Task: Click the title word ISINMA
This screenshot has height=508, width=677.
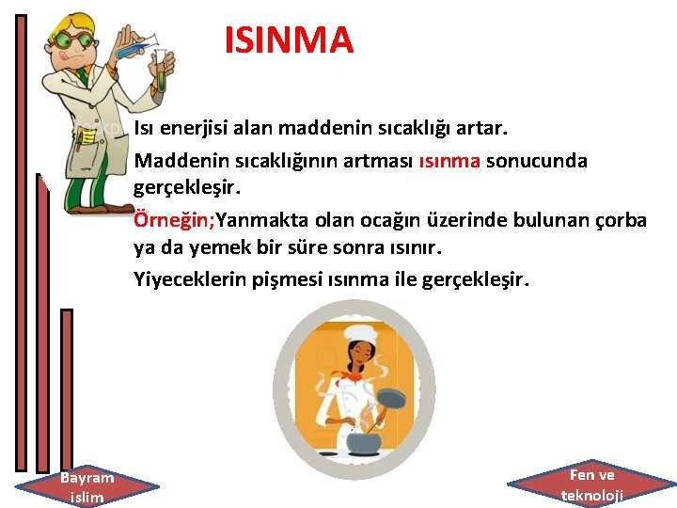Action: click(x=289, y=40)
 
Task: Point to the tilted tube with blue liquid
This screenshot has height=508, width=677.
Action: click(x=136, y=41)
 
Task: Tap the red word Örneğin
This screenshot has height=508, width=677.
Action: click(x=174, y=220)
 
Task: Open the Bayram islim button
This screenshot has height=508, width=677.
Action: click(x=87, y=485)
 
